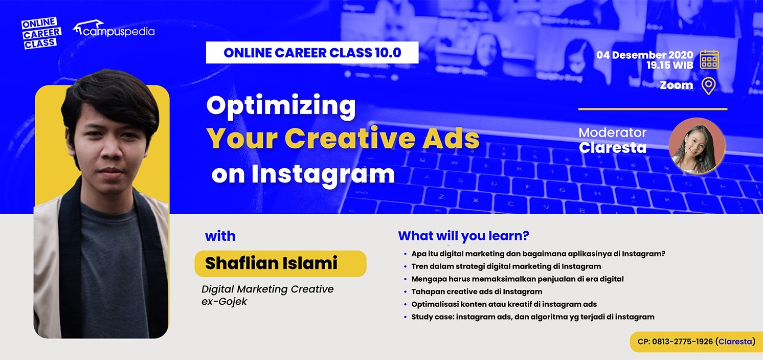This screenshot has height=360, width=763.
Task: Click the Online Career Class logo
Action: [41, 33]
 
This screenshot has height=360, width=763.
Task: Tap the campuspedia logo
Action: [114, 29]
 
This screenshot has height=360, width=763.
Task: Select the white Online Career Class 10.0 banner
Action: [312, 53]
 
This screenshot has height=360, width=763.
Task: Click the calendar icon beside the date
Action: [709, 59]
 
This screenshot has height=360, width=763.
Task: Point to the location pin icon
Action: [708, 86]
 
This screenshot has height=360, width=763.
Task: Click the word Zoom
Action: [677, 85]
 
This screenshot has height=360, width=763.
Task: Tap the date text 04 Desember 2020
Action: [645, 55]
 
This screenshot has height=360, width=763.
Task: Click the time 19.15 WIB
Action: [670, 65]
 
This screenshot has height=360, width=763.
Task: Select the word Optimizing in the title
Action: [281, 106]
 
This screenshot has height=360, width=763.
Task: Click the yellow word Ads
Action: [451, 138]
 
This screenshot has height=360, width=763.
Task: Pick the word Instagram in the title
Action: [323, 175]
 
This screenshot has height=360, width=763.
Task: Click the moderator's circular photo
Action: [697, 146]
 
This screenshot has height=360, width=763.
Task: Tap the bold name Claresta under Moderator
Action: [613, 148]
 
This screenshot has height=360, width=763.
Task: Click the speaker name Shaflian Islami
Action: [271, 263]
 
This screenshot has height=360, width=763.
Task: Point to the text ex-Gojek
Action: [224, 302]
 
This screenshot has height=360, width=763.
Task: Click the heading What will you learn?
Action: [464, 236]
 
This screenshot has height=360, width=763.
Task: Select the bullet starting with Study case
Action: [533, 317]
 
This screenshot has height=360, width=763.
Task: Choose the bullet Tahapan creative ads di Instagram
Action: [477, 292]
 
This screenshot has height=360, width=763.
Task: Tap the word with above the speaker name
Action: [220, 236]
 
